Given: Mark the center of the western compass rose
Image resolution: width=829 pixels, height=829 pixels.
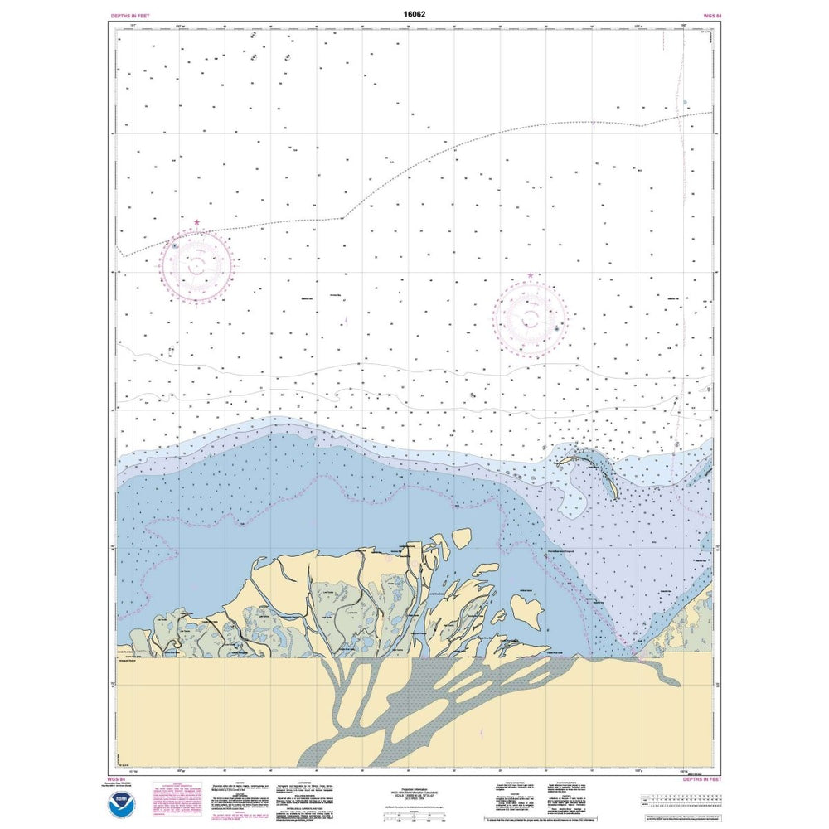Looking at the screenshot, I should click(197, 265).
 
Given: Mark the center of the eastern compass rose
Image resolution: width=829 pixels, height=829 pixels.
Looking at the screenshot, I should click(531, 318).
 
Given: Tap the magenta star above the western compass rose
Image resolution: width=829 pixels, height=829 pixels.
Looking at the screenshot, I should click(196, 222).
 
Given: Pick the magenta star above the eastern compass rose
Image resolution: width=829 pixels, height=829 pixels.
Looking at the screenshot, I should click(531, 275).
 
